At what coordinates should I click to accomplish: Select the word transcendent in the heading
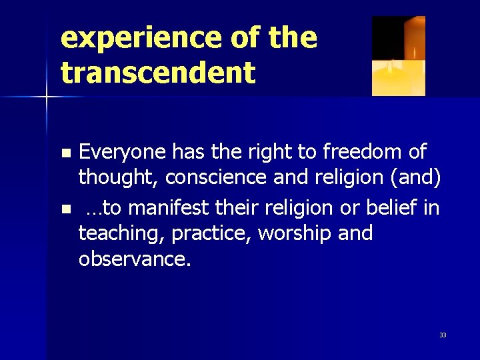(x=157, y=73)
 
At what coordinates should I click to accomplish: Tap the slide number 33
(x=443, y=335)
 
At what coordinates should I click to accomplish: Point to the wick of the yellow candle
(x=391, y=65)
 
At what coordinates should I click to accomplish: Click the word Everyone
(x=122, y=153)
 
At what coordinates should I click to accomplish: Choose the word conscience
(x=221, y=178)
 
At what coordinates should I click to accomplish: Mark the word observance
(x=134, y=259)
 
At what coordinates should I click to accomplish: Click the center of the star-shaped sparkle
(x=47, y=97)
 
